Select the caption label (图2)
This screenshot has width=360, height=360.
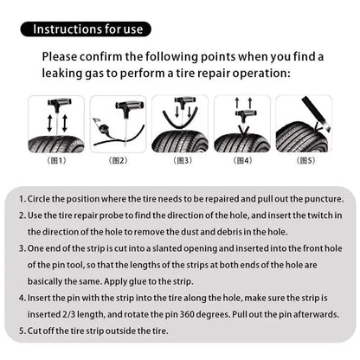tap(119, 160)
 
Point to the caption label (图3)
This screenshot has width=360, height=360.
tap(182, 160)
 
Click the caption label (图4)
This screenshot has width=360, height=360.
tap(242, 160)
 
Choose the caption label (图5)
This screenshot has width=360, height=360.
tap(305, 160)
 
